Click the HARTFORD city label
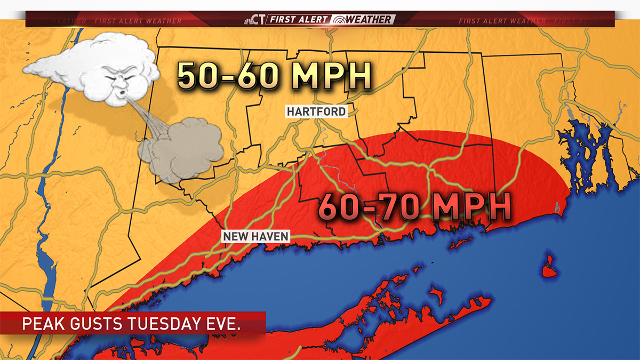[316, 111]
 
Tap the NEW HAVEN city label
[255, 236]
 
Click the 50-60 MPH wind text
[273, 76]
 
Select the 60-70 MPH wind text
[414, 207]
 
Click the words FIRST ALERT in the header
[299, 20]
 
